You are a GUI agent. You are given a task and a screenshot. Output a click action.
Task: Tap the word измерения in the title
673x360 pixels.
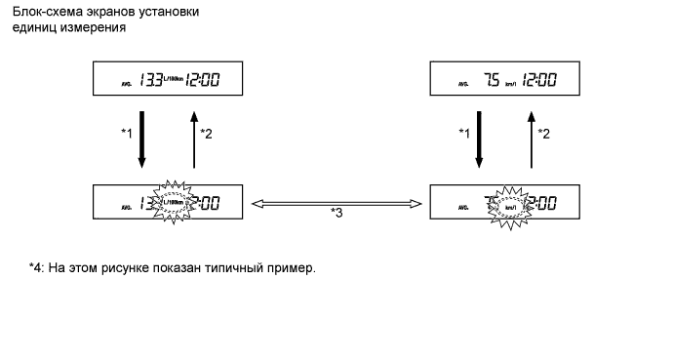[x=93, y=27]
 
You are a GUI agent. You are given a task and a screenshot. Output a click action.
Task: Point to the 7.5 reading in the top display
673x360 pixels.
[x=489, y=81]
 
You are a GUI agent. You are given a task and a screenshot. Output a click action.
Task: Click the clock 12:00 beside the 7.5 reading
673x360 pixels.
[x=537, y=81]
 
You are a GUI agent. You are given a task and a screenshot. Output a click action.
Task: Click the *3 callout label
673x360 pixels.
[x=336, y=214]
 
